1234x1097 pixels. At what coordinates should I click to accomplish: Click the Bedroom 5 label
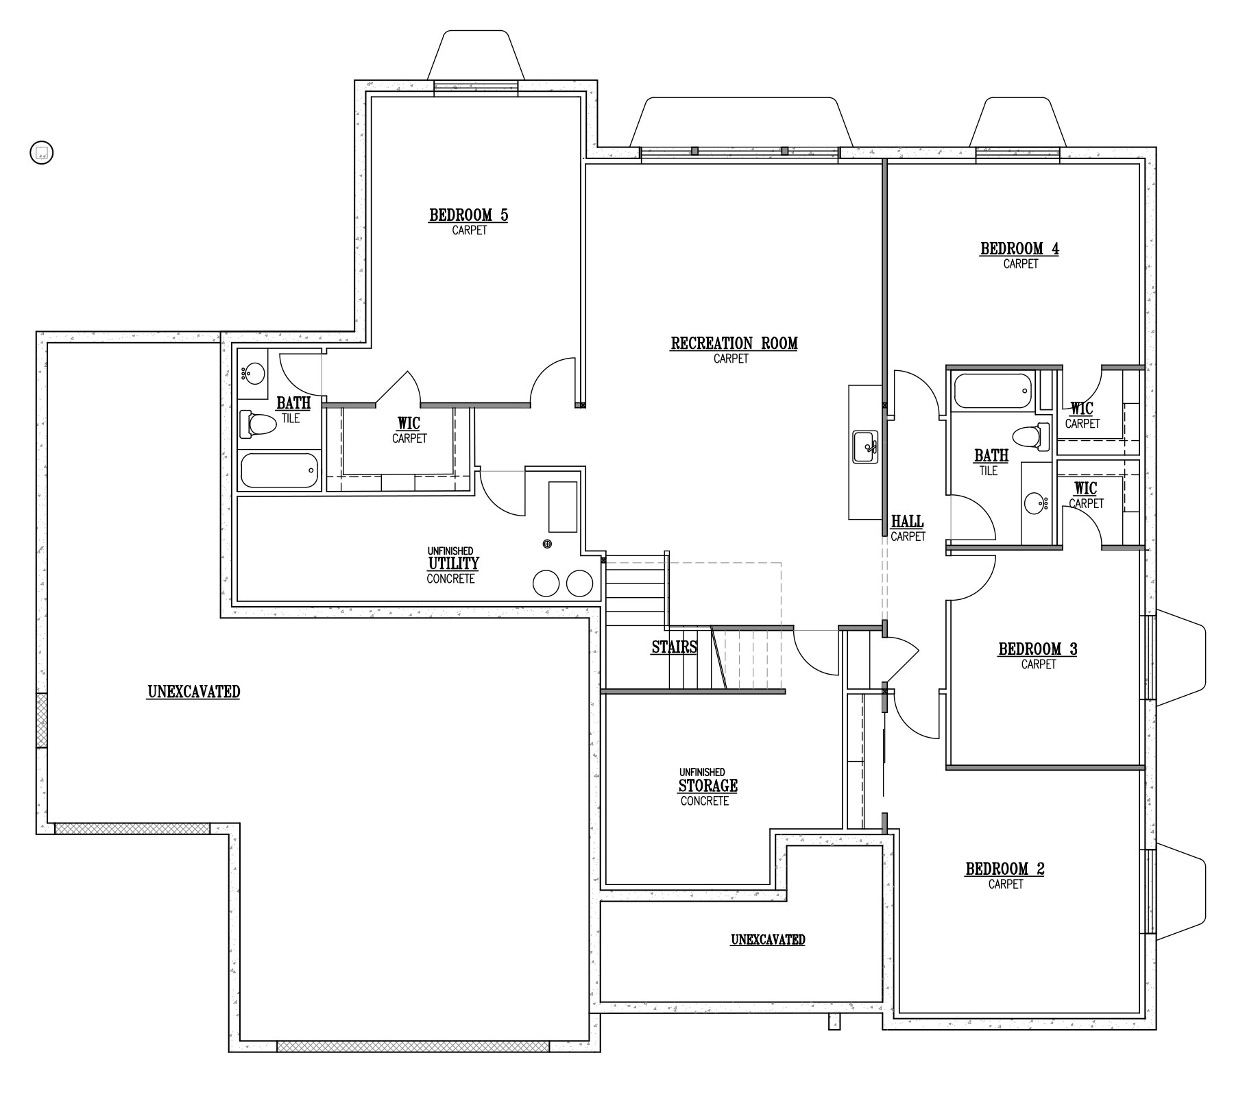[x=469, y=221]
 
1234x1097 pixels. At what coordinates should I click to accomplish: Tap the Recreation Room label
[x=734, y=350]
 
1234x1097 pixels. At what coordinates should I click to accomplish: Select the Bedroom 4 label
[x=1019, y=255]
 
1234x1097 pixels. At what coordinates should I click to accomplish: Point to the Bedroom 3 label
[x=1038, y=655]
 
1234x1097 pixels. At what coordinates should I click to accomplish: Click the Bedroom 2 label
[x=1005, y=876]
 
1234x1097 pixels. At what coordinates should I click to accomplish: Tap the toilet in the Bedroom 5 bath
[x=257, y=424]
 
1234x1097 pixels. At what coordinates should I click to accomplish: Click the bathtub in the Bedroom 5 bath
[x=280, y=470]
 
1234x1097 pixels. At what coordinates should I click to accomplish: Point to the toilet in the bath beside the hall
[x=1031, y=437]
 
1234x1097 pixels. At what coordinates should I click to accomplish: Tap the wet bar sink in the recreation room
[x=865, y=447]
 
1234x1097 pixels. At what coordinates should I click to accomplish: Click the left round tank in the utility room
[x=547, y=583]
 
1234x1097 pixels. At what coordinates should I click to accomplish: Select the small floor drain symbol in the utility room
[x=547, y=544]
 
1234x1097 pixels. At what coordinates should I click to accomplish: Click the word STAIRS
[x=675, y=647]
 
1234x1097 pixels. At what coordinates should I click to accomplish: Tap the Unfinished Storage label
[x=706, y=786]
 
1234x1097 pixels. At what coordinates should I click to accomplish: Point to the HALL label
[x=908, y=528]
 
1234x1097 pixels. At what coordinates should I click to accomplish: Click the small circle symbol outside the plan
[x=42, y=152]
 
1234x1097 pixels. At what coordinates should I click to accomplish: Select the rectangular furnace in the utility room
[x=562, y=507]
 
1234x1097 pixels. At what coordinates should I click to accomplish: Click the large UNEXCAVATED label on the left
[x=194, y=692]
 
